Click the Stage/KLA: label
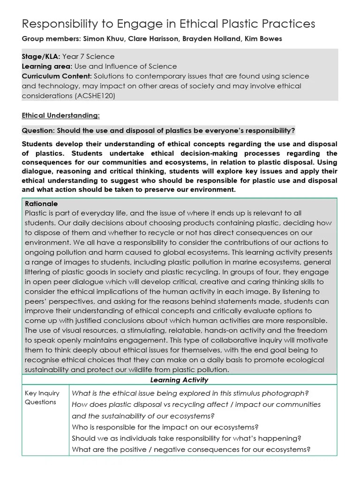(41, 57)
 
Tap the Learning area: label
(45, 67)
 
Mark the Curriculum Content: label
(57, 76)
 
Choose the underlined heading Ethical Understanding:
(60, 115)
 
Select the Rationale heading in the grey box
(41, 204)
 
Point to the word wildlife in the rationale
(165, 369)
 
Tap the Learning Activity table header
(179, 380)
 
